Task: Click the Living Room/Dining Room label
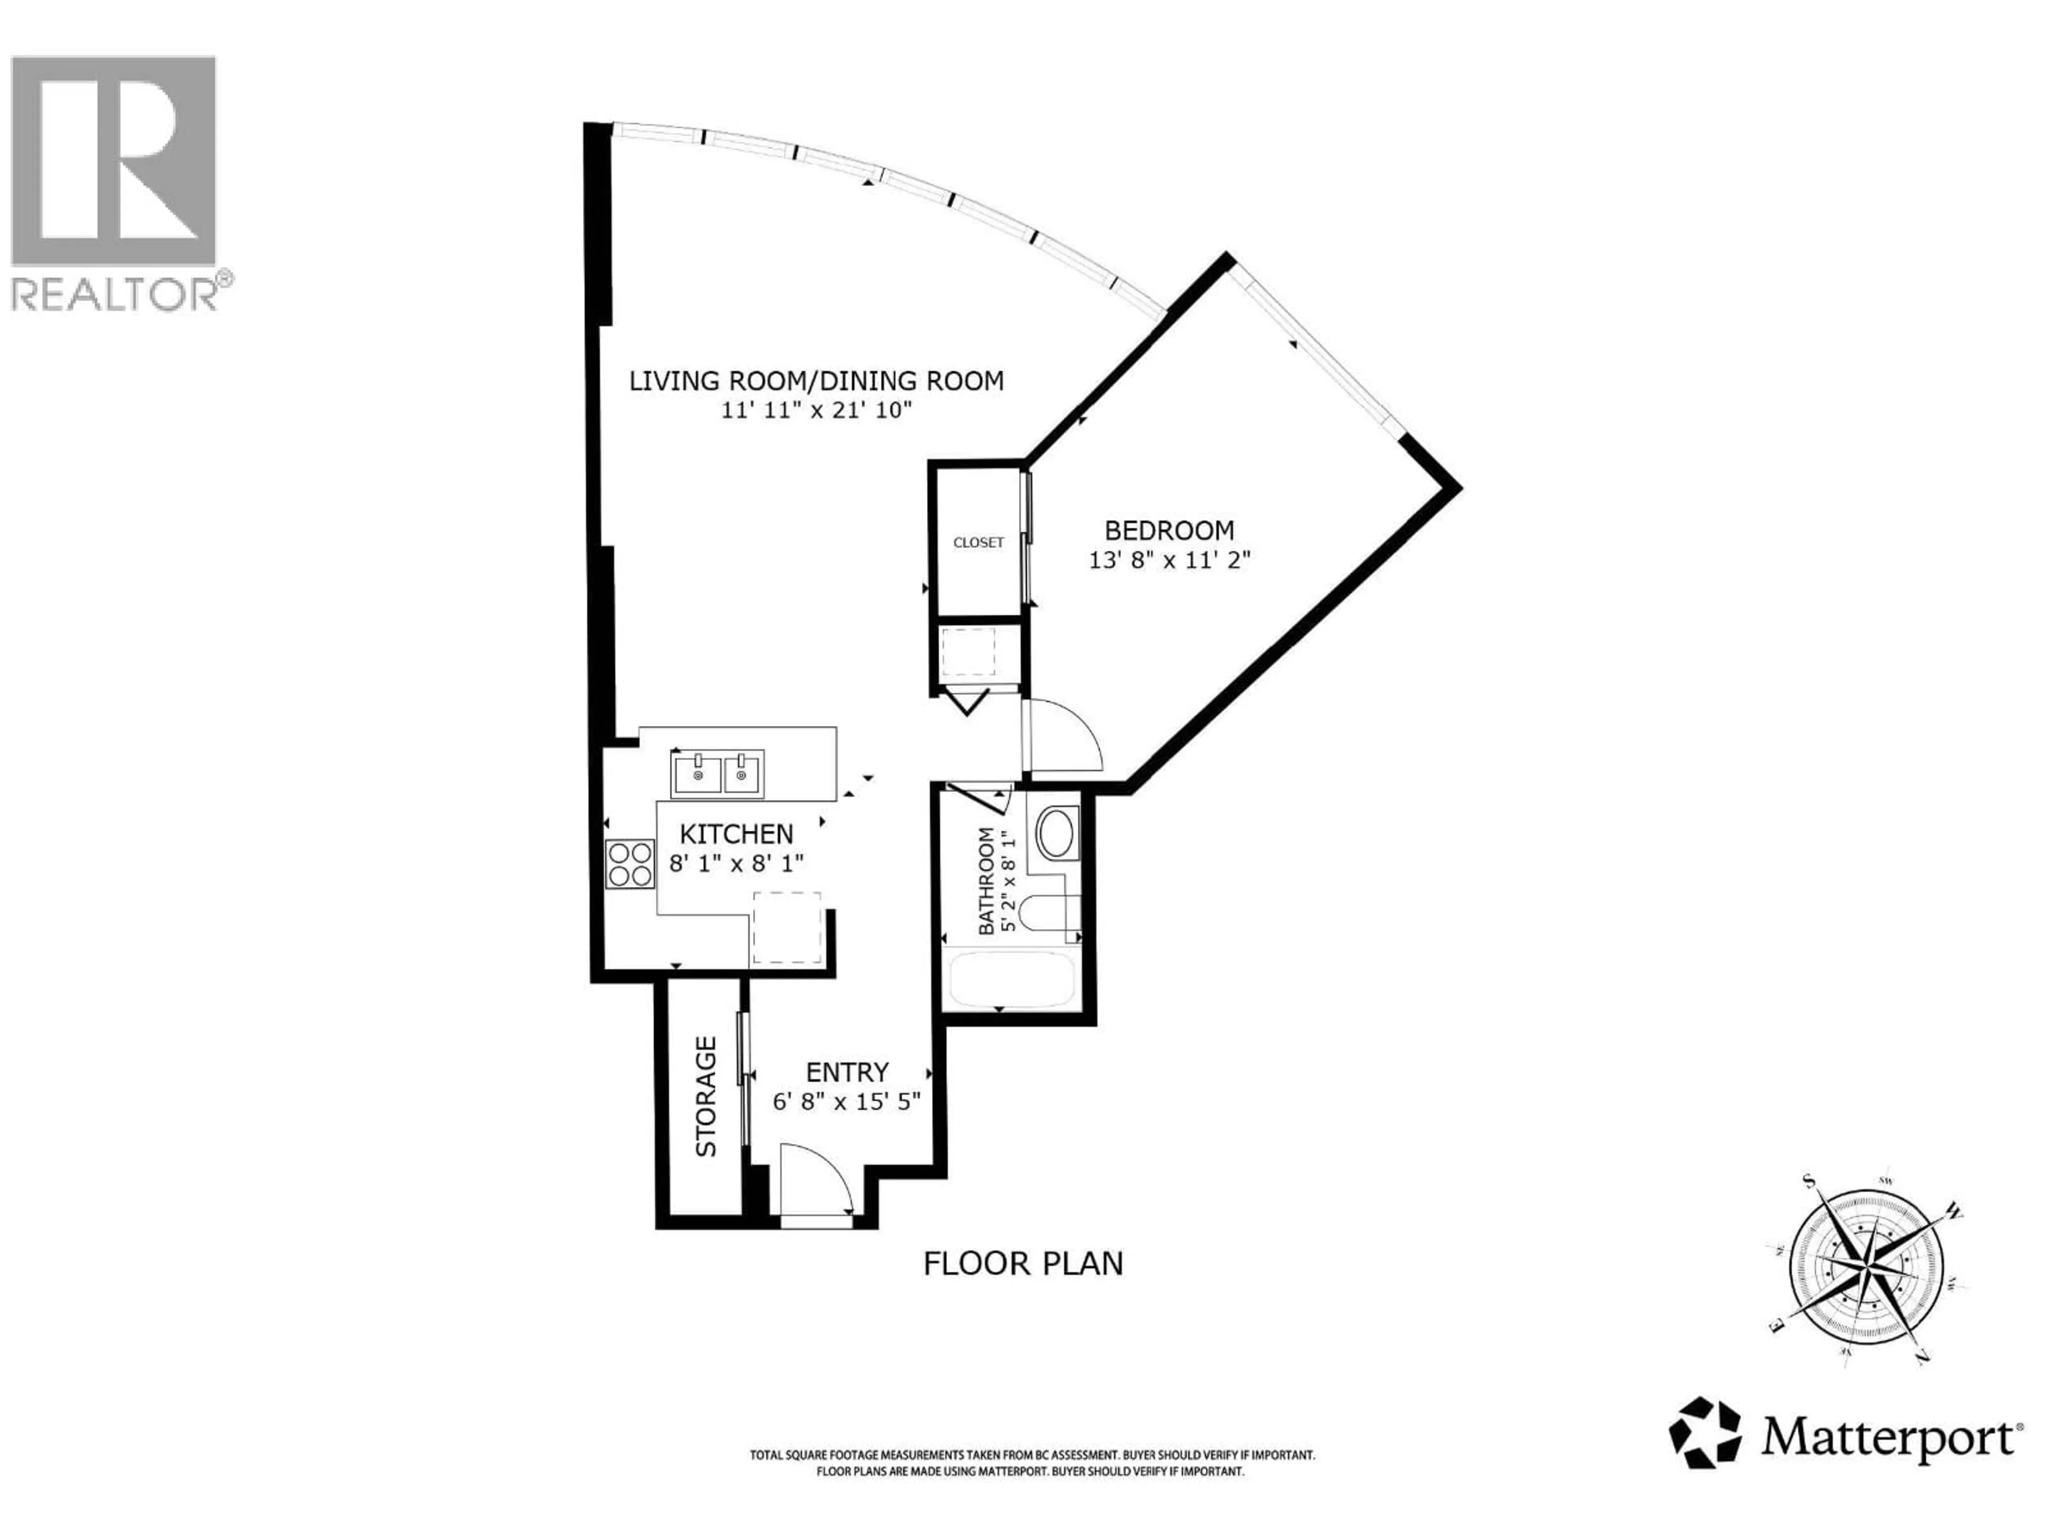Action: click(816, 381)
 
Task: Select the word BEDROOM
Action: click(1169, 531)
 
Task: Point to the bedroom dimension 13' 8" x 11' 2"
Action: click(1169, 560)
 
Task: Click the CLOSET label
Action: click(978, 543)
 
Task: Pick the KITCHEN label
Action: click(736, 834)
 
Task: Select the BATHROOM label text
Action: click(986, 881)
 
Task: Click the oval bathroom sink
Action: click(1056, 833)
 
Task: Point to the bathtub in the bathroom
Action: click(1012, 979)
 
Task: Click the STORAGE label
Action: click(706, 1097)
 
